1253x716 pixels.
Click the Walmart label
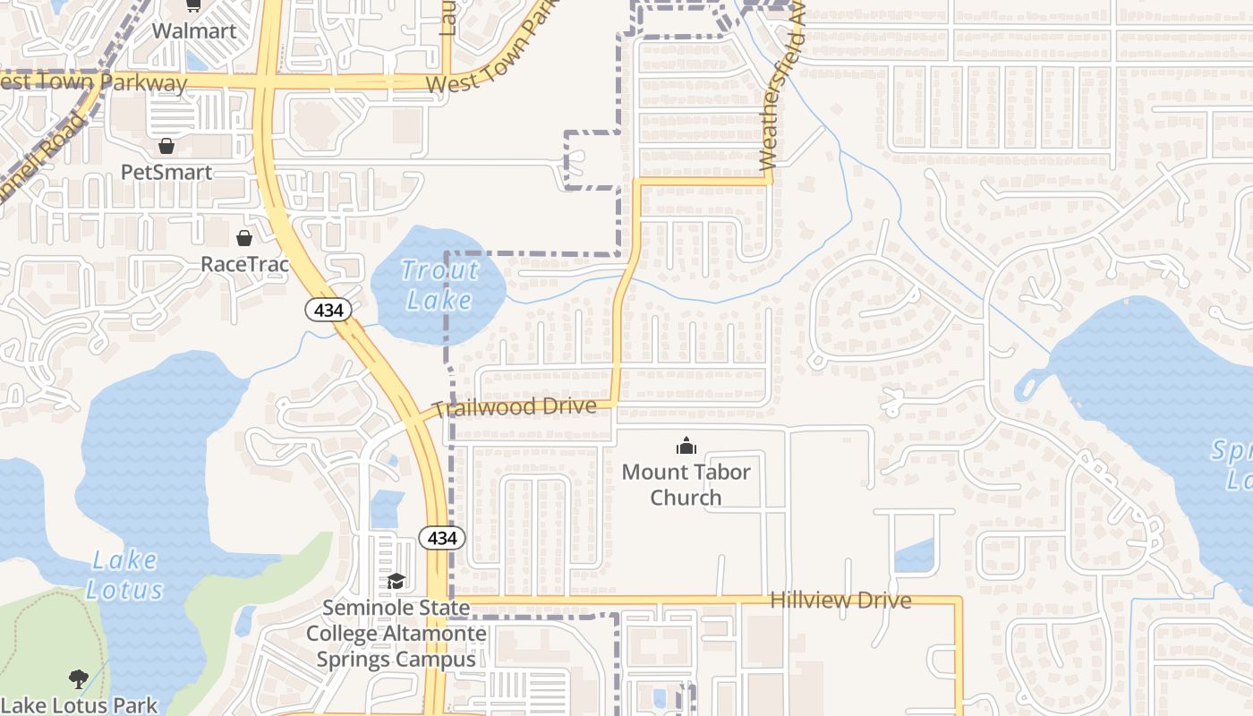[194, 30]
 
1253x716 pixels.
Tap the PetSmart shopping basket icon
[166, 145]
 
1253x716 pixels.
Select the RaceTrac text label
[244, 264]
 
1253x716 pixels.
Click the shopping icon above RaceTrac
[243, 237]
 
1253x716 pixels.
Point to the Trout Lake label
[439, 284]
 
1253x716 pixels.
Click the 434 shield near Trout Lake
[328, 310]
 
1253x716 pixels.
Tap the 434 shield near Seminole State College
[442, 538]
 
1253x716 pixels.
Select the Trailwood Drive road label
[515, 407]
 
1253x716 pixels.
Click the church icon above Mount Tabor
[686, 445]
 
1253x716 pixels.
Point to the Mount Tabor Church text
[686, 484]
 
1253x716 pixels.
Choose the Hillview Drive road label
[840, 600]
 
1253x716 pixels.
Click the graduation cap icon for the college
[396, 582]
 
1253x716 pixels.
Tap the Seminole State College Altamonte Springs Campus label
[396, 634]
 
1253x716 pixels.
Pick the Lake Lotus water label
[125, 575]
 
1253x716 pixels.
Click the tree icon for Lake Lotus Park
[79, 679]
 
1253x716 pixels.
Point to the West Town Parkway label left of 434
[94, 82]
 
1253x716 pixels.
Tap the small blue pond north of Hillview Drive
[914, 557]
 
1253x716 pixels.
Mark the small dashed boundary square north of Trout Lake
[592, 159]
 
